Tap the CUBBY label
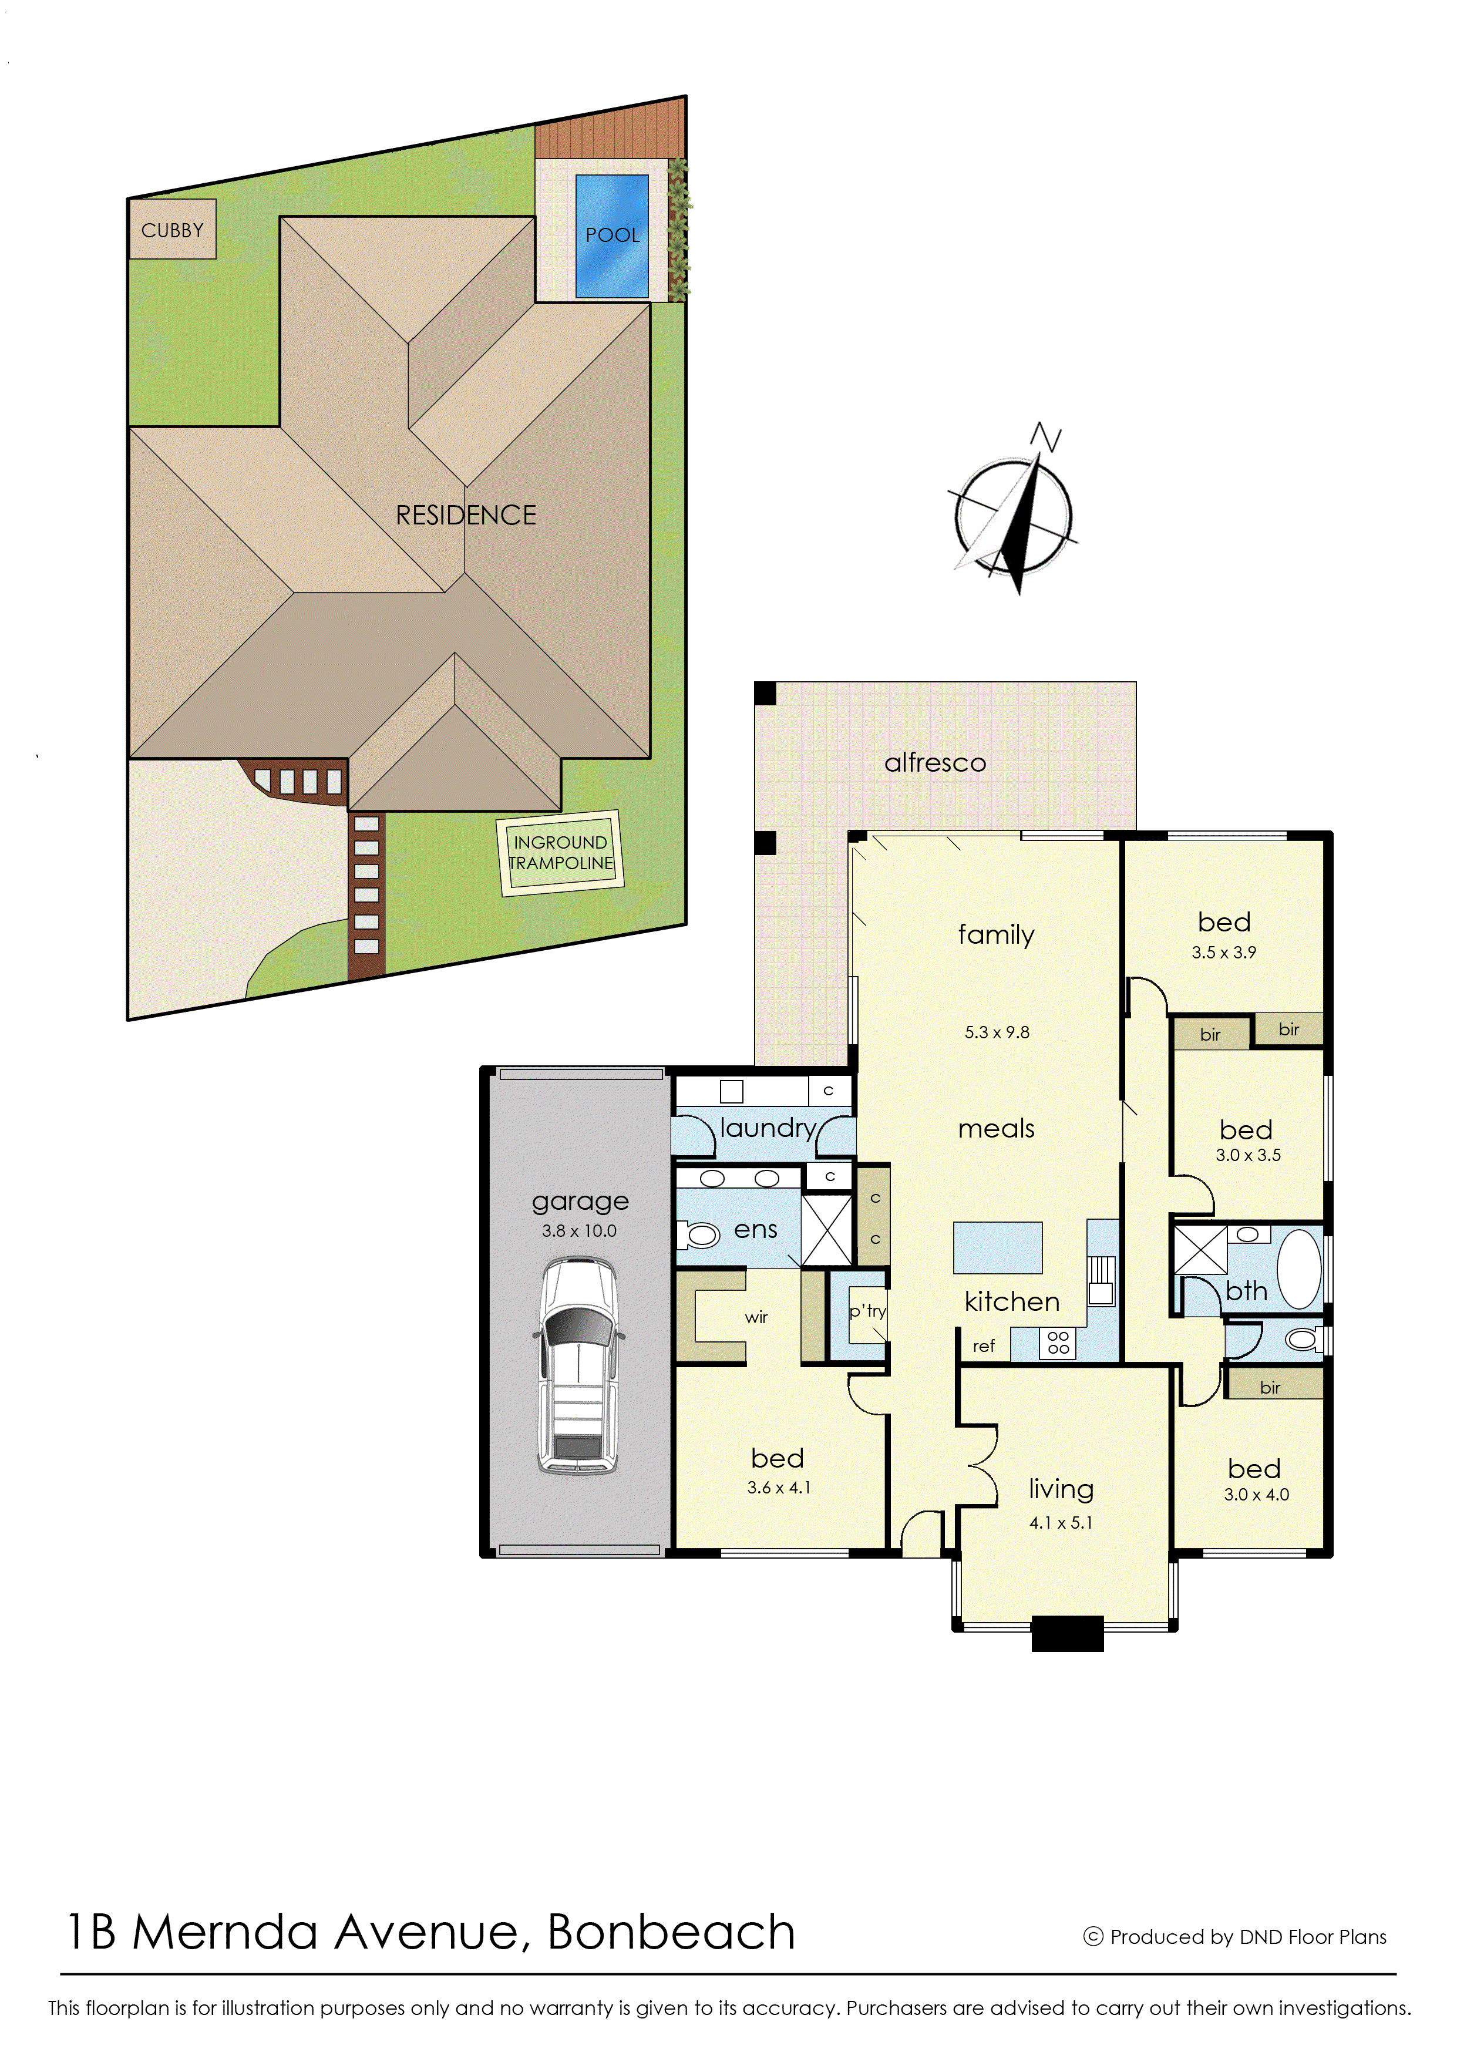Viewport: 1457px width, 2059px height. tap(172, 231)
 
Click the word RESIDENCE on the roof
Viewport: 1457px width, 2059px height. tap(466, 515)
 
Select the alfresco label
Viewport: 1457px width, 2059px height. tap(935, 763)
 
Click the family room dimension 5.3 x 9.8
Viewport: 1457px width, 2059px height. tap(997, 1032)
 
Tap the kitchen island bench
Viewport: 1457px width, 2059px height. tap(998, 1247)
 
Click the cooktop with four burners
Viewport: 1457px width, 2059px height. tap(1058, 1343)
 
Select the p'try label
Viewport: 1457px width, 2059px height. tap(867, 1311)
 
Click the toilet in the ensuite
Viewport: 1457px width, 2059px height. tap(699, 1236)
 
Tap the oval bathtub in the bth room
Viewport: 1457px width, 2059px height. tap(1299, 1270)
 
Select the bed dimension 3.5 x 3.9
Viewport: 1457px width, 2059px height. tap(1224, 953)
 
